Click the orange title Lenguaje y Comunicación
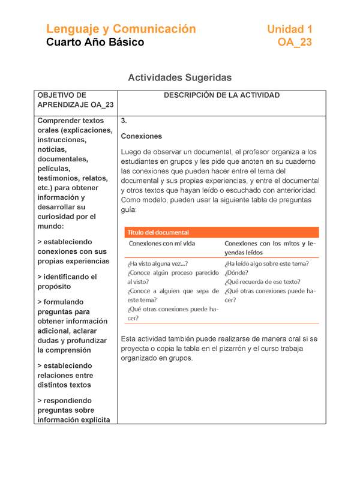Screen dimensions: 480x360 [121, 29]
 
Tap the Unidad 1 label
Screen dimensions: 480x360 [289, 29]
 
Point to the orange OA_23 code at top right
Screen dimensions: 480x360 [295, 43]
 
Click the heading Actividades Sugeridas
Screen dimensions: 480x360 [180, 77]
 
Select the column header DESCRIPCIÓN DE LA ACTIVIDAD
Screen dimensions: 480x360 [222, 95]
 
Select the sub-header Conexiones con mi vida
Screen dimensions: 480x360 [162, 244]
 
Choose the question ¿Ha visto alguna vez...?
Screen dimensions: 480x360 [157, 263]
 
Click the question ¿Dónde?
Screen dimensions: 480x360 [238, 272]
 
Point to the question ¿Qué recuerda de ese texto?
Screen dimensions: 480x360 [263, 282]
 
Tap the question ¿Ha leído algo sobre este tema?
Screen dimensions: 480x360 [267, 263]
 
